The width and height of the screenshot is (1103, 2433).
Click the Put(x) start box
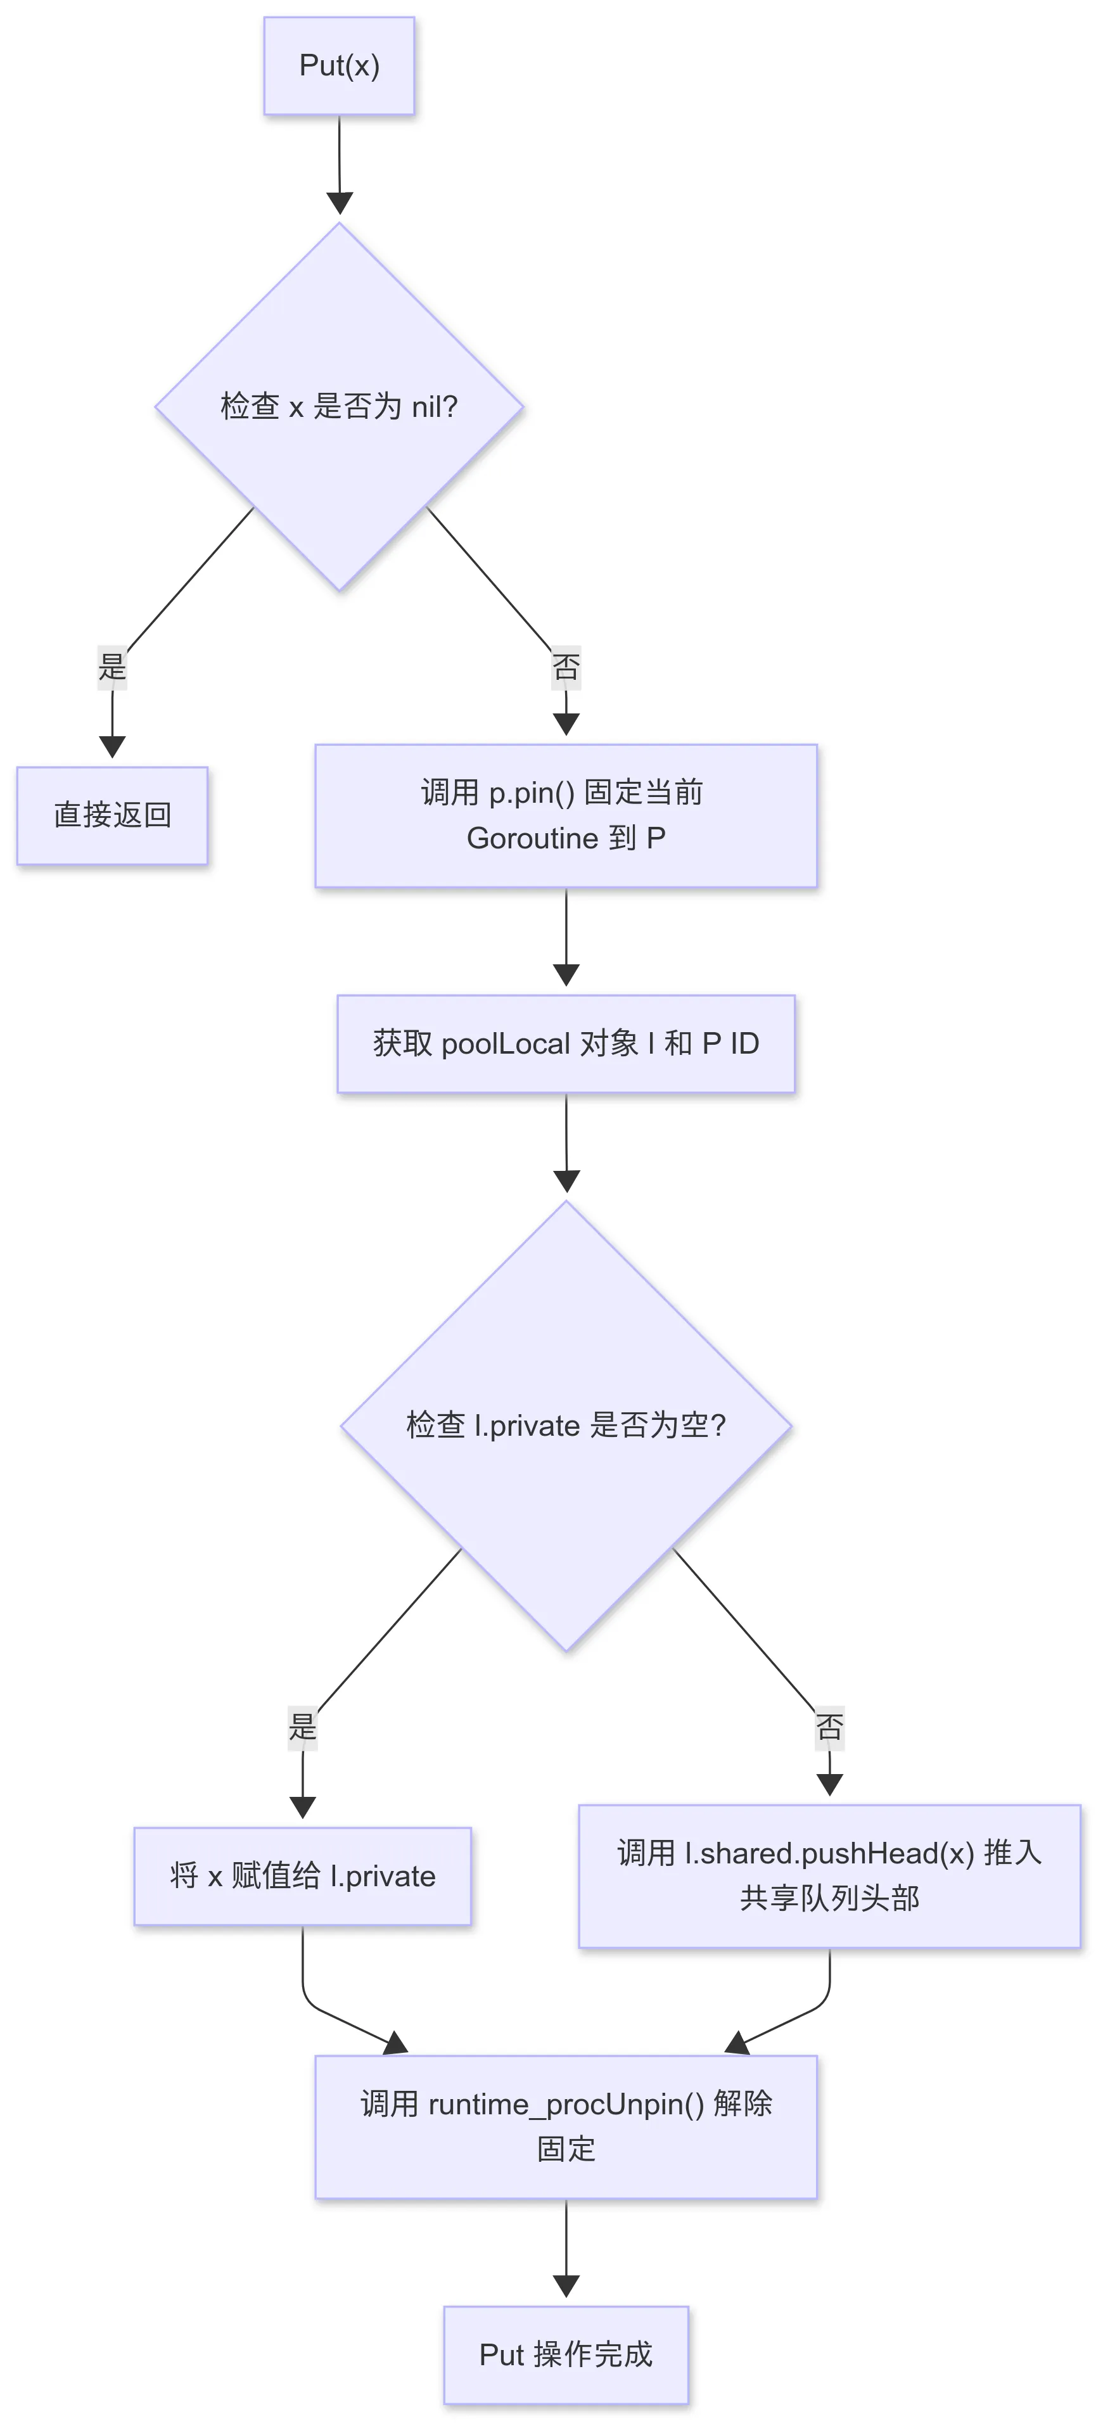339,66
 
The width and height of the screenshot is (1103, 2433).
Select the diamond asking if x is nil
339,407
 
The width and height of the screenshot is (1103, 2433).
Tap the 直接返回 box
112,815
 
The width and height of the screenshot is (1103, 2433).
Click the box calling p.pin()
566,815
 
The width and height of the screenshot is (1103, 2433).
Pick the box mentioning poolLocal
566,1044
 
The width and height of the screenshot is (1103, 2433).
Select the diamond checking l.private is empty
566,1425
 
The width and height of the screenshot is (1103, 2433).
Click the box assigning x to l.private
302,1875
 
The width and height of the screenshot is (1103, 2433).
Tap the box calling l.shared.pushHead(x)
829,1875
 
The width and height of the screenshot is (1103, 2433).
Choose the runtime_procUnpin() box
566,2126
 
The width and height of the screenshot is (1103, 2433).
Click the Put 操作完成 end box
566,2354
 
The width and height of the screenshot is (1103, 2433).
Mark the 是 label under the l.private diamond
302,1727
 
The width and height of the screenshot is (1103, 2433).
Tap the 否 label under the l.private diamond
829,1727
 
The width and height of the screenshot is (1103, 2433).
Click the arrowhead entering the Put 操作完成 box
566,2285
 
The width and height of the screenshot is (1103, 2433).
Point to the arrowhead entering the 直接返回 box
112,746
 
